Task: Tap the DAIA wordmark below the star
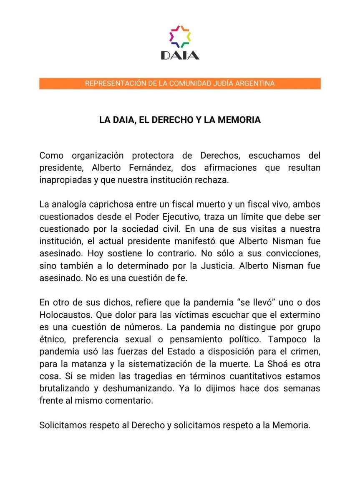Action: point(180,56)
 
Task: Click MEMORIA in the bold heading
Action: point(239,120)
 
